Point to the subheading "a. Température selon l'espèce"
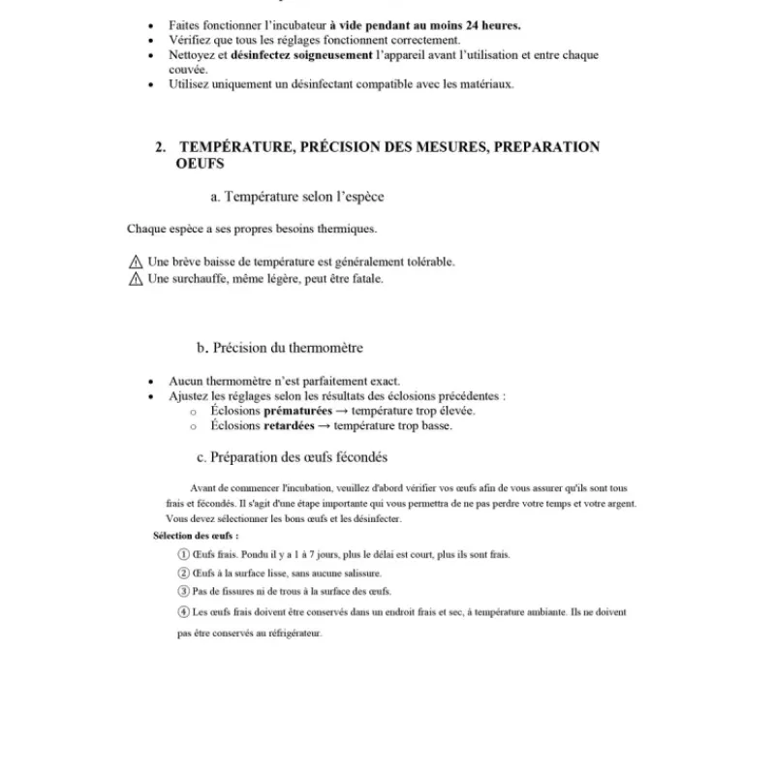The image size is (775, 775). coord(297,197)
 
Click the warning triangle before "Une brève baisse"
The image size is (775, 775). coord(135,262)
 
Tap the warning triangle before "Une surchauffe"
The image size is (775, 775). coord(135,279)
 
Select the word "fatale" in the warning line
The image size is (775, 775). coord(364,279)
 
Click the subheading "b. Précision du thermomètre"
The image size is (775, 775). coord(280,348)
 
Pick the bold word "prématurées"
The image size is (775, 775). coord(278,411)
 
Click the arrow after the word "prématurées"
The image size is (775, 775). coord(332,411)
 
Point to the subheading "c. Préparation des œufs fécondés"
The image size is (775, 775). coord(292,457)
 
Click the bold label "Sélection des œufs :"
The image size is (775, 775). coord(196,536)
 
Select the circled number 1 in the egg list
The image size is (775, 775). coord(184,555)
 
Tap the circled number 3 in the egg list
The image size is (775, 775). coord(184,591)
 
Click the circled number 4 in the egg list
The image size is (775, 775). coord(184,612)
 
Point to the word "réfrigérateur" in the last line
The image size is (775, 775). coord(292,634)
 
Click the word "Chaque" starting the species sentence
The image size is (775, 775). coord(147,230)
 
